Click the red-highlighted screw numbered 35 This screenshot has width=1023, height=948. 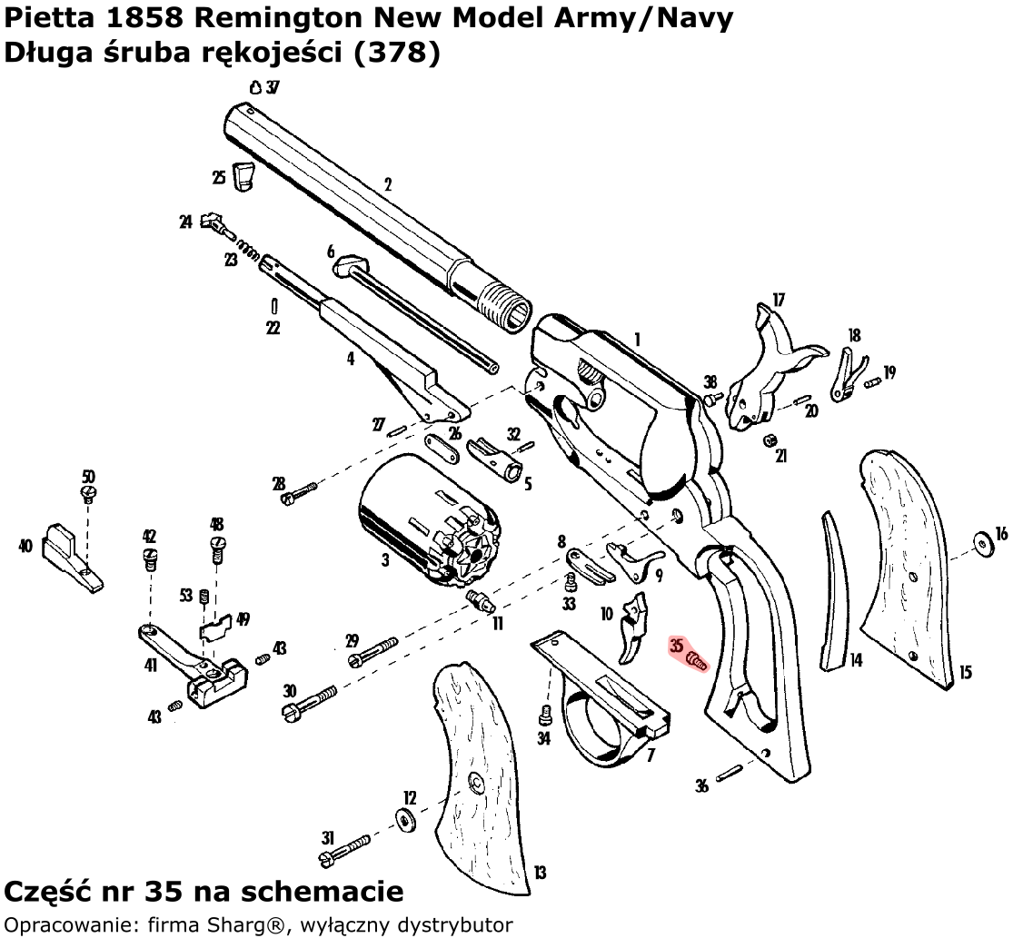coord(697,659)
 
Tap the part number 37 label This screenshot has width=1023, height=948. coord(273,87)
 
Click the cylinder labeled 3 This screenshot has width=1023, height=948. coord(427,527)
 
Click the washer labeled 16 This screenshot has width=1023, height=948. coord(983,542)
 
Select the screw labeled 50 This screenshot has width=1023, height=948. coord(89,493)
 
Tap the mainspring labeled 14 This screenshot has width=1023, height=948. coord(835,590)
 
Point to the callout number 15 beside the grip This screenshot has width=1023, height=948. coord(965,673)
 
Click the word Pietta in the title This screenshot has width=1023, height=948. coord(43,17)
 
